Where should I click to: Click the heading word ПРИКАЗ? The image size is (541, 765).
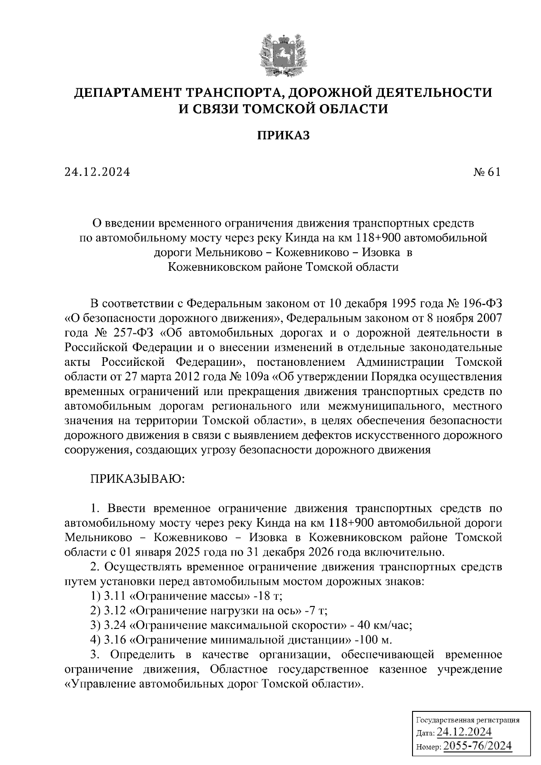coord(284,136)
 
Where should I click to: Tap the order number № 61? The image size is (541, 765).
coord(487,172)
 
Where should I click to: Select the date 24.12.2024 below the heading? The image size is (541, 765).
coord(97,172)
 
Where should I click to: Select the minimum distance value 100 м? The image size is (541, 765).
coord(376,640)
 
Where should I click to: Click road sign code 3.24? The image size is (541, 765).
coord(115,625)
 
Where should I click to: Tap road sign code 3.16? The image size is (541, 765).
coord(115,640)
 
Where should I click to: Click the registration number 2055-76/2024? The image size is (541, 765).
coord(478,746)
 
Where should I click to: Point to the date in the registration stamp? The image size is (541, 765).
coord(464,732)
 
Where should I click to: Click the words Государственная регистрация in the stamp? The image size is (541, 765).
coord(467,719)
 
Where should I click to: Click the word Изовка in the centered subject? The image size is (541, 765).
coord(381,252)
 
